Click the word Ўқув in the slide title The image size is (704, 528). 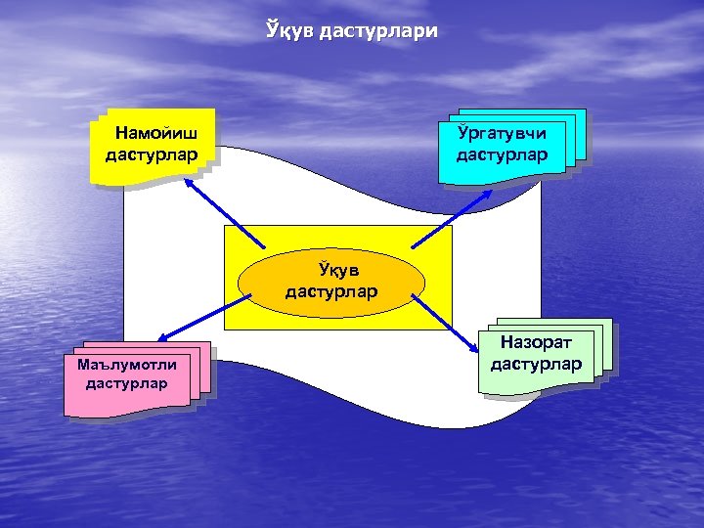coord(289,31)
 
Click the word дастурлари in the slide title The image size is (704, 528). coord(377,32)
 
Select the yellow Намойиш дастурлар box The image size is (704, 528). coord(152,145)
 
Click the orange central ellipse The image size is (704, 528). coord(331,281)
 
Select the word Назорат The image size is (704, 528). coord(535,342)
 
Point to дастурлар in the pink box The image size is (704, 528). coord(126,382)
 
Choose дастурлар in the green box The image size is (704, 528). coord(536,365)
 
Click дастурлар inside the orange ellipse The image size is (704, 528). coord(332,291)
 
